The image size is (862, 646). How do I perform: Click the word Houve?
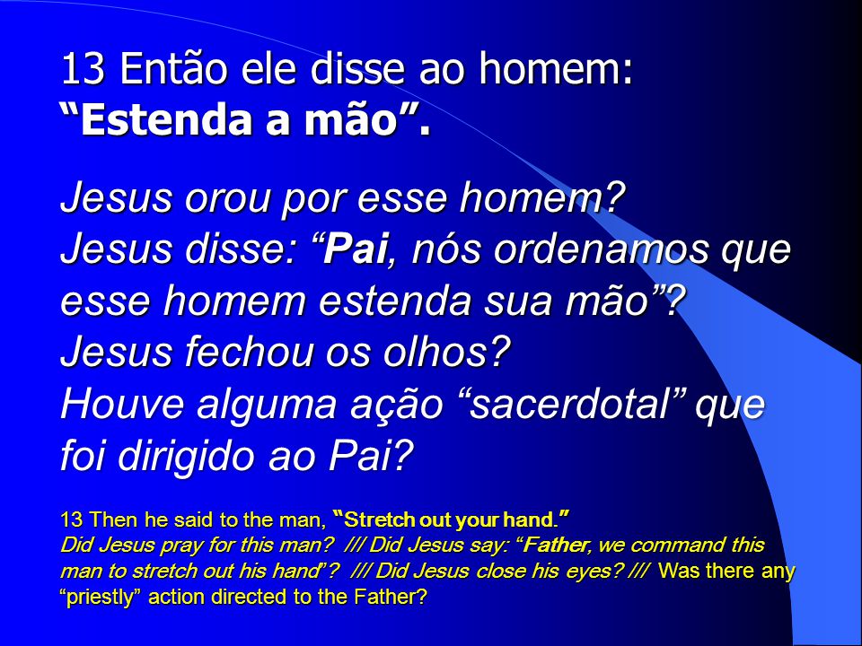pos(122,405)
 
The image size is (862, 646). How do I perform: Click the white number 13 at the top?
pos(83,69)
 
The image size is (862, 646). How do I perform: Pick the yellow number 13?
pos(71,519)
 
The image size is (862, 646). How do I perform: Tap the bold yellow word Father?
pos(555,545)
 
